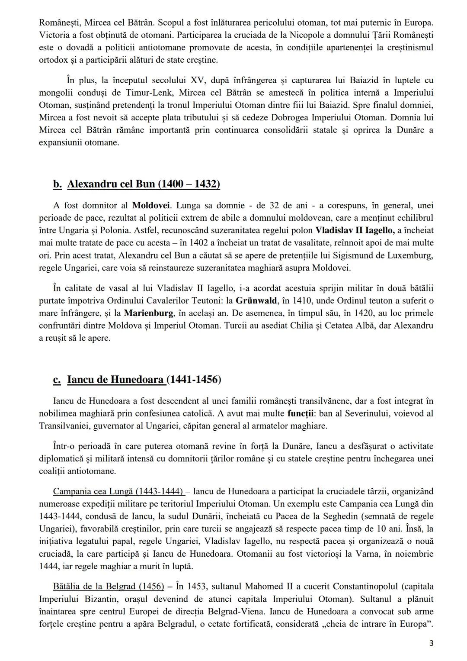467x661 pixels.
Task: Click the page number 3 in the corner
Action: point(431,643)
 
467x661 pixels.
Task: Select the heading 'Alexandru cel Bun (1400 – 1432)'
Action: point(144,184)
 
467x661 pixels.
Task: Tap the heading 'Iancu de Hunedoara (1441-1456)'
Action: point(144,380)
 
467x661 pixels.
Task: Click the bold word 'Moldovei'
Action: point(151,205)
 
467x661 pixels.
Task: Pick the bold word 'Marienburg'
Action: point(149,313)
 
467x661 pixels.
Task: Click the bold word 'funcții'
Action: point(301,413)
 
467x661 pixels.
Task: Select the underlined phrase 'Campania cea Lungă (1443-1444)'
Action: point(118,491)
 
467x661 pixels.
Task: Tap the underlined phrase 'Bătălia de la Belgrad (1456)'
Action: point(109,587)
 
